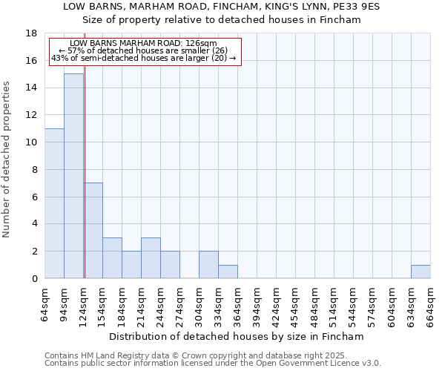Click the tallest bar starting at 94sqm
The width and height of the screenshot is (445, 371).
[x=73, y=176]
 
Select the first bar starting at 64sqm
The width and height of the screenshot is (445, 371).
[x=54, y=203]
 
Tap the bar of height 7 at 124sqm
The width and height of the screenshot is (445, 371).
[x=93, y=230]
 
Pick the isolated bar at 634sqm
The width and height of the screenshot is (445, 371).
[x=421, y=272]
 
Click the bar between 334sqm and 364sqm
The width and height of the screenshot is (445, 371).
[x=228, y=272]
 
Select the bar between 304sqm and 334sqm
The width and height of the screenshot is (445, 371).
[x=208, y=265]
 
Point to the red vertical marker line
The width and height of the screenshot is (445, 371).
[x=85, y=185]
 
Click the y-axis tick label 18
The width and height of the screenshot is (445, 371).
[x=31, y=33]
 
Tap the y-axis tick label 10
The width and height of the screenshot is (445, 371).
[x=31, y=142]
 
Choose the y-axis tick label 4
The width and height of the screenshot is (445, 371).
[x=33, y=224]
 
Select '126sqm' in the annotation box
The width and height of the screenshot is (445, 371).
[x=201, y=44]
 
